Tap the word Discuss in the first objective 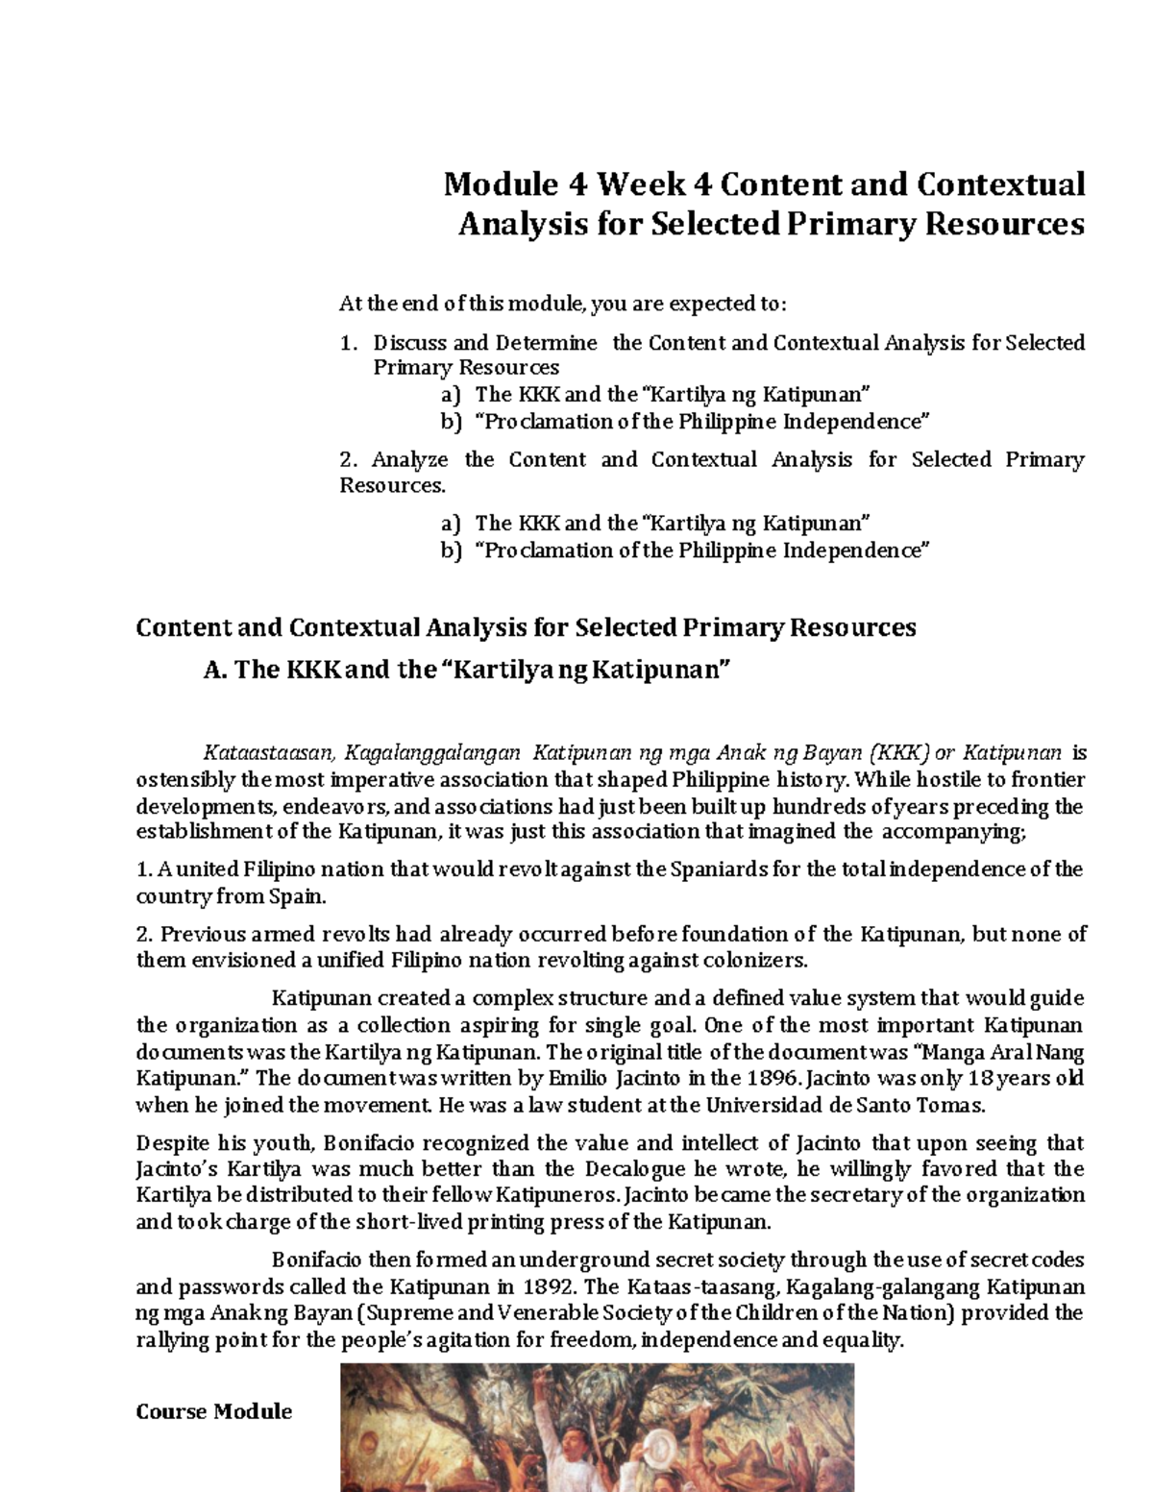point(409,343)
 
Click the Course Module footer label point(214,1411)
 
